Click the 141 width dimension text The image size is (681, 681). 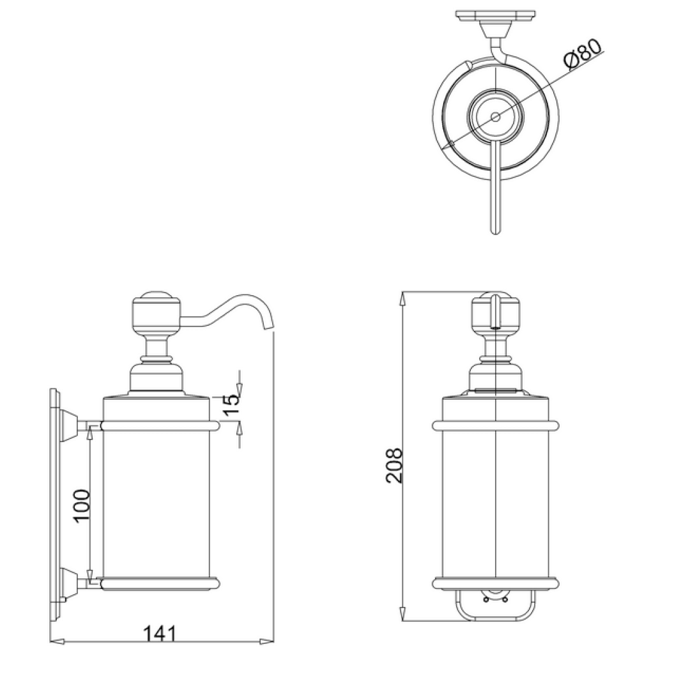click(158, 633)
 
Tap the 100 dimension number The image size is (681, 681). click(81, 506)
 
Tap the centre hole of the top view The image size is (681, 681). click(496, 117)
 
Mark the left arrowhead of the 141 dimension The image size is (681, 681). click(55, 641)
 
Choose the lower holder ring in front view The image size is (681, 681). click(496, 583)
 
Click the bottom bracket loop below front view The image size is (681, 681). click(496, 607)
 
